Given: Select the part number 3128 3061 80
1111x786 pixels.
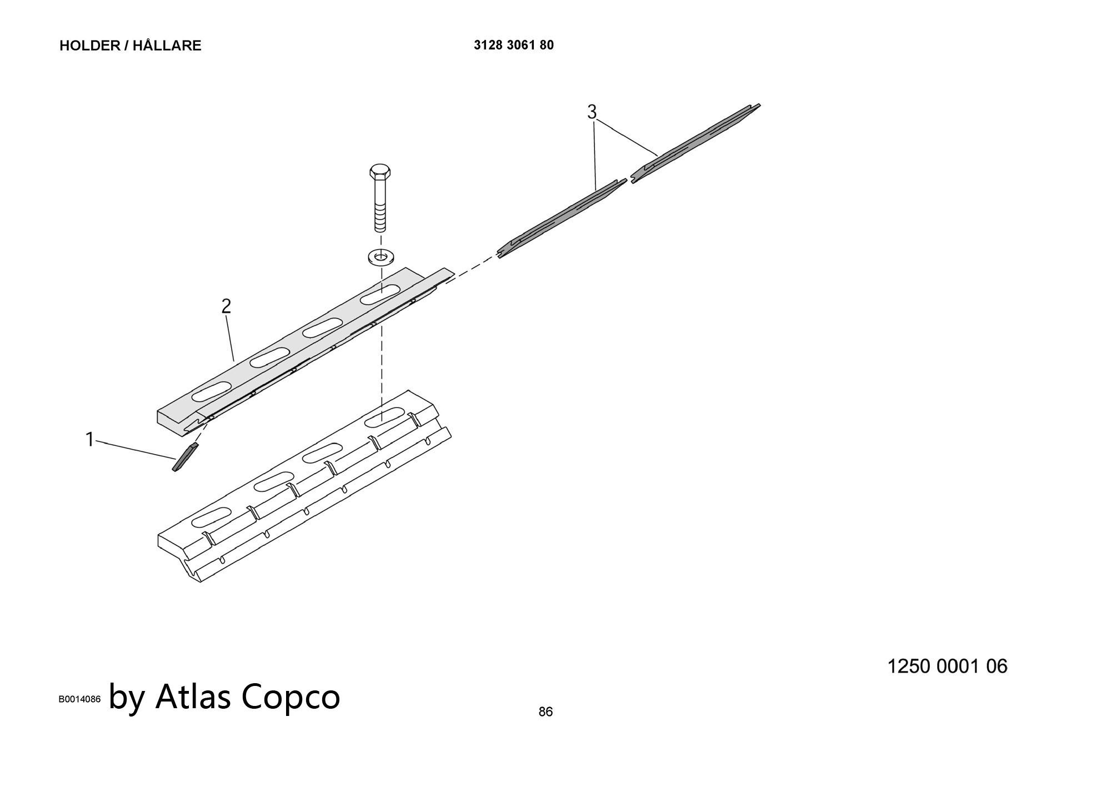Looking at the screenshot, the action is coord(514,45).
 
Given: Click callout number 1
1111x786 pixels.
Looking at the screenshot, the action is coord(89,440).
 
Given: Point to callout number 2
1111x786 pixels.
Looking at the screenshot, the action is coord(226,306).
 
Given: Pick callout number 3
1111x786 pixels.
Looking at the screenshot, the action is coord(592,112).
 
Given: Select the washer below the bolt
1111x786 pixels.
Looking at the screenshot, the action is coord(380,257).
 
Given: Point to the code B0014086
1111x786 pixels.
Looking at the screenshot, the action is coord(80,699).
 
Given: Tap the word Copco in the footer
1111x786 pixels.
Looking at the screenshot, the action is coord(291,698).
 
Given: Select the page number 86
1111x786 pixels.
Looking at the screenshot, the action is coord(546,712).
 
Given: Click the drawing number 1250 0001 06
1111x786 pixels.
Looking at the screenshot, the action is coord(947,666).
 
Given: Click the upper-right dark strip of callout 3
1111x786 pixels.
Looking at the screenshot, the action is coord(695,143).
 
